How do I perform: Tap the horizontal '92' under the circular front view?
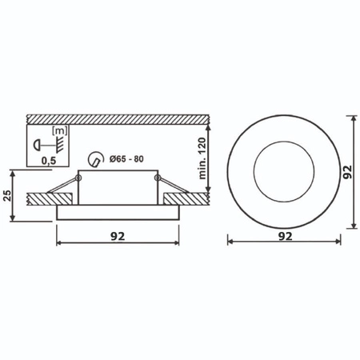[x=284, y=237]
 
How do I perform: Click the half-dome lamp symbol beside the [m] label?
[x=37, y=144]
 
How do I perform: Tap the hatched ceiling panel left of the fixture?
[x=44, y=196]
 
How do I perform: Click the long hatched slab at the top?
[x=120, y=118]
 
